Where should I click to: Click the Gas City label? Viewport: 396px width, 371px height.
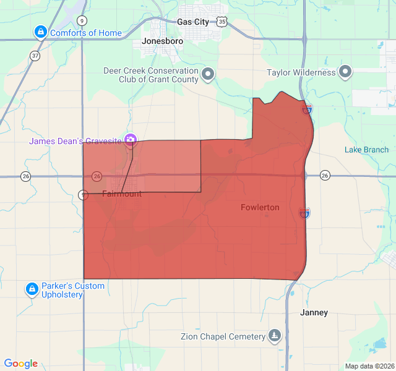coord(192,22)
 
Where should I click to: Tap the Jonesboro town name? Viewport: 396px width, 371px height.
coord(163,41)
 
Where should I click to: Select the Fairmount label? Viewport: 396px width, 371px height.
coord(122,194)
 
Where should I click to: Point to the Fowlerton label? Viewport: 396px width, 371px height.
coord(260,208)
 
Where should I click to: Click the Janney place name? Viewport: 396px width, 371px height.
coord(314,313)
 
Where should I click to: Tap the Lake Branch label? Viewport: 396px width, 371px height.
coord(366,150)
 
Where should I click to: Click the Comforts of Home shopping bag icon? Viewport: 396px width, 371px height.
coord(40,32)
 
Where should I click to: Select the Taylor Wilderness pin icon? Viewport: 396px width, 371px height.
coord(346,72)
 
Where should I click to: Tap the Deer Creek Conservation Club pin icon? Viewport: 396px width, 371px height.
coord(209,75)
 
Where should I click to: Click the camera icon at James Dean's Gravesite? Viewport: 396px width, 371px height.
coord(130,140)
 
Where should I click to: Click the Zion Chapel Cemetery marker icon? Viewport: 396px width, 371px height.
coord(275,336)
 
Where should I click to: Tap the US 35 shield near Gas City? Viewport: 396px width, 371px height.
coord(222,22)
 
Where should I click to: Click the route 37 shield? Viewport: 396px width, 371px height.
coord(35,56)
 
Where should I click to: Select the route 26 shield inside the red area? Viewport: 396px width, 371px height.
coord(97,176)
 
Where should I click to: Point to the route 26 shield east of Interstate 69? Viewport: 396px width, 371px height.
coord(325,176)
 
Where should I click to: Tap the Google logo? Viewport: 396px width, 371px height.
coord(21,364)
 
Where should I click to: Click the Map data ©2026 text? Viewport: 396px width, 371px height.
coord(369,366)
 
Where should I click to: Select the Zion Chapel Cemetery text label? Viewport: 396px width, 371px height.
coord(223,337)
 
